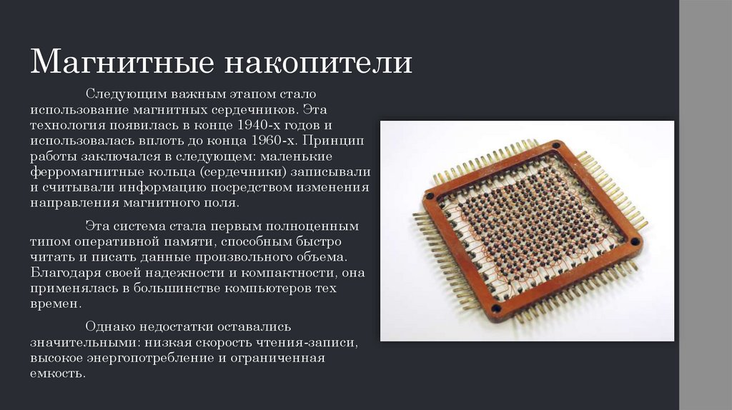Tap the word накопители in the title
(319, 62)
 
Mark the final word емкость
(57, 374)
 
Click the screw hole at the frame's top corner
(555, 146)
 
